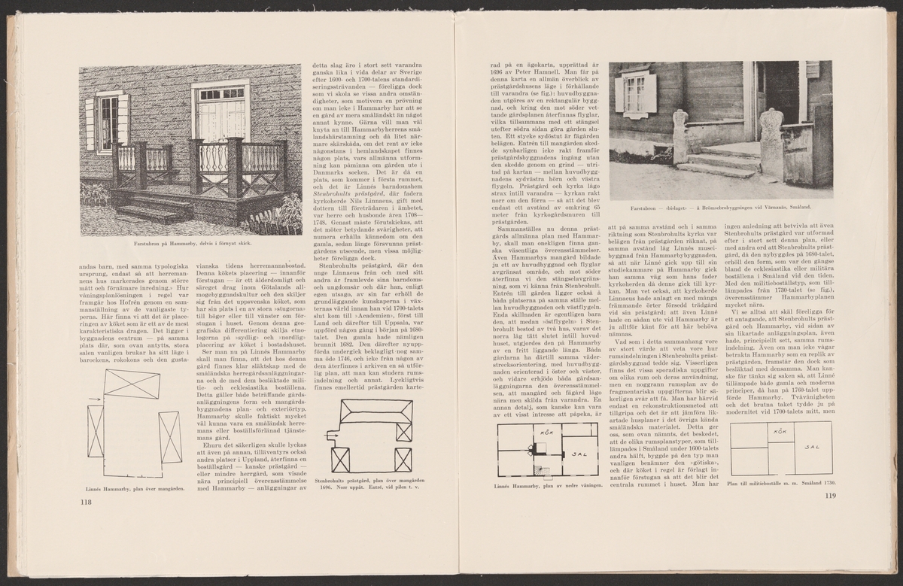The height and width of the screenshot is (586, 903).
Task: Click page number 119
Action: tap(830, 495)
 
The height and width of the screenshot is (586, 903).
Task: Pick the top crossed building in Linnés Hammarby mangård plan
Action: tap(132, 384)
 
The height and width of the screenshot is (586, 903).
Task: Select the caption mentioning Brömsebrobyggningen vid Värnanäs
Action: tap(721, 207)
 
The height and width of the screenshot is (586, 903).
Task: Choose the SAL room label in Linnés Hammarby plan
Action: tap(580, 454)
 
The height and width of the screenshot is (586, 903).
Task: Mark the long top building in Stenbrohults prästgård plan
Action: tap(375, 413)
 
